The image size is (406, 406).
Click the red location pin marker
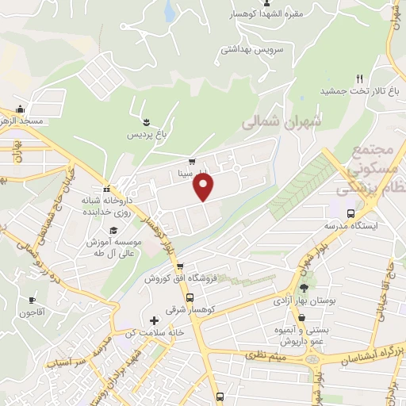pyautogui.click(x=204, y=187)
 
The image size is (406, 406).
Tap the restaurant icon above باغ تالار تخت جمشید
pyautogui.click(x=359, y=78)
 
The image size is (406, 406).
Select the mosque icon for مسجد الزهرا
pyautogui.click(x=21, y=109)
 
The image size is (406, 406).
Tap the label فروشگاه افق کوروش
pyautogui.click(x=175, y=279)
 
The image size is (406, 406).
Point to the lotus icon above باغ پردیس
pyautogui.click(x=147, y=121)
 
